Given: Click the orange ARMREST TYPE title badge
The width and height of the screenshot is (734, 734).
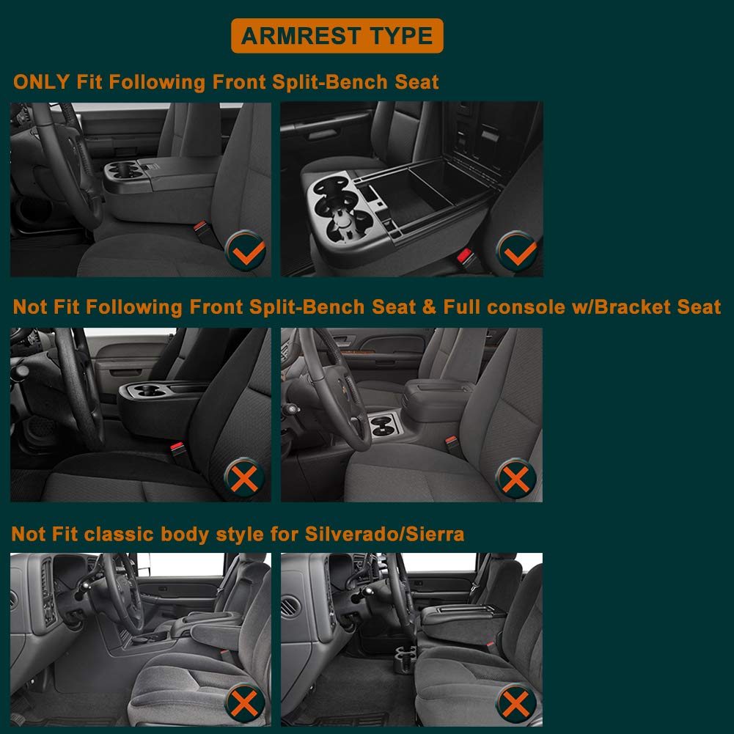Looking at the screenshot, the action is (337, 36).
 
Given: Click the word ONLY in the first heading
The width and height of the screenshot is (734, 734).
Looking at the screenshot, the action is (42, 82).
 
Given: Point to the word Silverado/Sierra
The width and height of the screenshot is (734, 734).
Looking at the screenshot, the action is (384, 534).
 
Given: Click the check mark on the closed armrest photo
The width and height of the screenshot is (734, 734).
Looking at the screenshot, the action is (246, 251).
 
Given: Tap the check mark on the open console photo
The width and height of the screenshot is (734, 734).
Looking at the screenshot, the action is (517, 252).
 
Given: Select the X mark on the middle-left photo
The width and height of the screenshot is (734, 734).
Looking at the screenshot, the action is (244, 478).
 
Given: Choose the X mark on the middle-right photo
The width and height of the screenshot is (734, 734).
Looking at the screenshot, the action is (516, 479).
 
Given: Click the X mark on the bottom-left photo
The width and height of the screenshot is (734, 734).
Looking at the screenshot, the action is (244, 703).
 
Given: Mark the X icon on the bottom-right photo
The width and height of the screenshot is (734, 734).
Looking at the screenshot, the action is (516, 704).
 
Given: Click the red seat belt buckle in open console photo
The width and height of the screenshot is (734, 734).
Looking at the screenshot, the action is (464, 255).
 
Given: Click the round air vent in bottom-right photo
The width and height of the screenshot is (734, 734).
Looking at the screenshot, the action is (290, 606).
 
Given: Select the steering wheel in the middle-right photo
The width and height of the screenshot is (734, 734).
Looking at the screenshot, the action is (335, 388).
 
